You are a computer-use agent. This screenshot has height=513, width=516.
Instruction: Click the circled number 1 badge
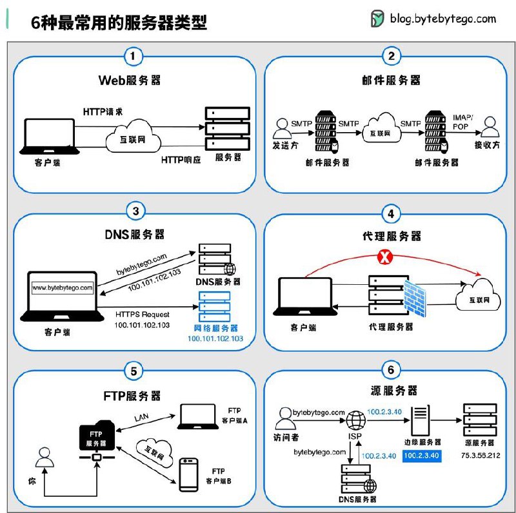pyautogui.click(x=132, y=56)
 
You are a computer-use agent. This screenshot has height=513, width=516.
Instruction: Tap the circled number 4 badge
pyautogui.click(x=390, y=213)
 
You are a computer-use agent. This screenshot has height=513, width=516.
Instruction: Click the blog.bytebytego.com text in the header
pyautogui.click(x=442, y=19)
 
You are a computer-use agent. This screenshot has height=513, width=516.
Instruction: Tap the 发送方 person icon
pyautogui.click(x=281, y=126)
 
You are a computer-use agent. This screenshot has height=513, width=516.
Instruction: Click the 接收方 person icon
pyautogui.click(x=490, y=126)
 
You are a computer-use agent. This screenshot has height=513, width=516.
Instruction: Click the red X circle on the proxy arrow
pyautogui.click(x=384, y=258)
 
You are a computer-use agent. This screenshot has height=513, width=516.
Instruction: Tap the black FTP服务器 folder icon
pyautogui.click(x=96, y=436)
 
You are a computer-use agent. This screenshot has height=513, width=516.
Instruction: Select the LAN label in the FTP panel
pyautogui.click(x=141, y=418)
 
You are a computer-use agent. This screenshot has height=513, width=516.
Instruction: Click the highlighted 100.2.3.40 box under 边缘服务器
pyautogui.click(x=421, y=456)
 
